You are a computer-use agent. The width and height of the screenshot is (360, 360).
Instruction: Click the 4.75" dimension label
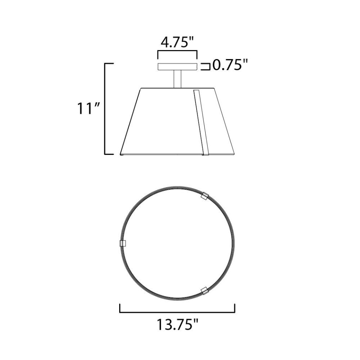177,43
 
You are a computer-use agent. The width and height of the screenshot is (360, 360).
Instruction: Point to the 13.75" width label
177,325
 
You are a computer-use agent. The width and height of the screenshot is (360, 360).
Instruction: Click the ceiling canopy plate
177,66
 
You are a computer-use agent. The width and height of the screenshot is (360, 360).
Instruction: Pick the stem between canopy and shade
177,79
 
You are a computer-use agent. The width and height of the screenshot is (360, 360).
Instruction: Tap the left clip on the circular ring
122,243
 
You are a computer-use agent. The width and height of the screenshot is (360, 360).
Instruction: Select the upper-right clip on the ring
205,197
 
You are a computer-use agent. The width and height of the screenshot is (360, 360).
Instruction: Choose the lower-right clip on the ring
204,290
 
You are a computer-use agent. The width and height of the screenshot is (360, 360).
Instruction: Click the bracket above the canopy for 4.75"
177,53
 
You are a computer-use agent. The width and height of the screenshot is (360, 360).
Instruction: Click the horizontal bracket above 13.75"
177,312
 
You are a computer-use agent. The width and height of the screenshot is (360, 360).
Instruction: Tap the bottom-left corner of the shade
121,154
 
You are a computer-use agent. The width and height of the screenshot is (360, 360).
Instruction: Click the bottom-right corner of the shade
234,154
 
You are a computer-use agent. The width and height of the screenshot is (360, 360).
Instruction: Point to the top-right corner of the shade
215,88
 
